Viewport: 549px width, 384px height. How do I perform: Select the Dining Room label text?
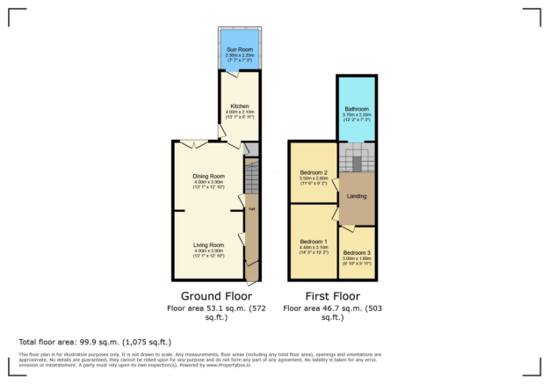[x=209, y=177]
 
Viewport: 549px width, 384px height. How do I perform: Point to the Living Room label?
[x=209, y=244]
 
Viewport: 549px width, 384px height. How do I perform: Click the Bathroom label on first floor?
[x=356, y=110]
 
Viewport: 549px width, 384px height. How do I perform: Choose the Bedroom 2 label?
[x=314, y=172]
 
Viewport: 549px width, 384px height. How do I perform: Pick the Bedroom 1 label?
[x=314, y=242]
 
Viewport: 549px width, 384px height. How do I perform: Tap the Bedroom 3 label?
[x=357, y=253]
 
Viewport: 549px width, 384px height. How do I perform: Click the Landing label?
[x=357, y=197]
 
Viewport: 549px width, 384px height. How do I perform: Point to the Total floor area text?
[x=95, y=341]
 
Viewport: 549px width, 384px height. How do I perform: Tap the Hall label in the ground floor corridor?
[x=251, y=209]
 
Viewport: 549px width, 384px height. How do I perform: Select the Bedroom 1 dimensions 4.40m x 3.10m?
[x=314, y=249]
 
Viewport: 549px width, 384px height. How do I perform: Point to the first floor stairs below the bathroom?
[x=358, y=159]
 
